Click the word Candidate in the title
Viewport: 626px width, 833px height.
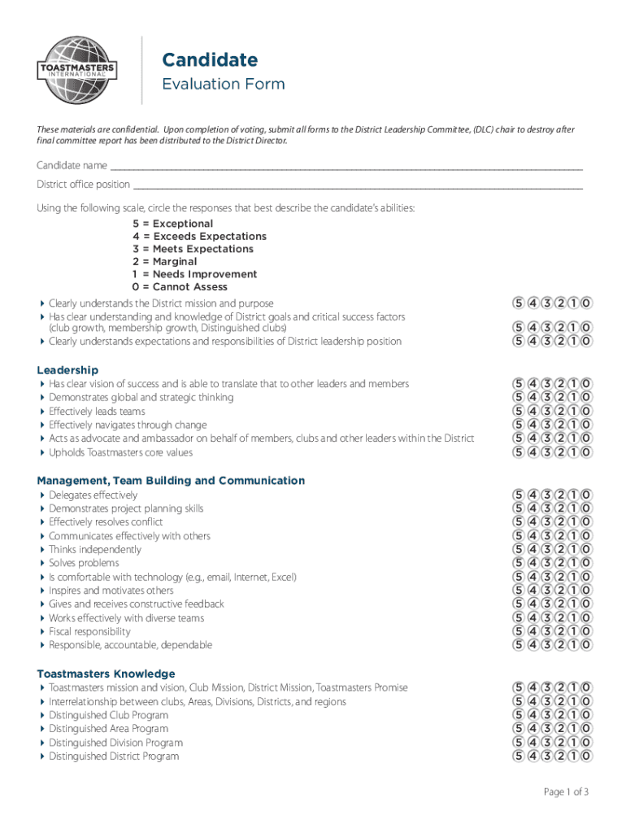(x=210, y=59)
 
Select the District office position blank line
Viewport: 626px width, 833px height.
(x=358, y=185)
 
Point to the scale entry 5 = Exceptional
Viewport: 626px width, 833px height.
(x=173, y=224)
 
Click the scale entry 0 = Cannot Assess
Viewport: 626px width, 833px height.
(x=180, y=287)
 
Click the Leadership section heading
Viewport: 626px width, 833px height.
(x=67, y=370)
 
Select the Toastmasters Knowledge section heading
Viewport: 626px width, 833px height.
(x=106, y=674)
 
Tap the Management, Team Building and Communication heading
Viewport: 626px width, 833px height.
(x=171, y=481)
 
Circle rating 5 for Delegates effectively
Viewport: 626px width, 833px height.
(x=518, y=495)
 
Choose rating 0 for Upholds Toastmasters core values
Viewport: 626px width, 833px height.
(x=586, y=452)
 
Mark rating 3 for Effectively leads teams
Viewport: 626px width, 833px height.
(x=546, y=412)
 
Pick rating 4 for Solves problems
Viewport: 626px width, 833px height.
(x=532, y=563)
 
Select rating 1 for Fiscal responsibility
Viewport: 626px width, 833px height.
(x=572, y=631)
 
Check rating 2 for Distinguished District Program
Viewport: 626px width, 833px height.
(x=559, y=757)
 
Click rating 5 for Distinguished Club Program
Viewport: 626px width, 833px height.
(x=518, y=715)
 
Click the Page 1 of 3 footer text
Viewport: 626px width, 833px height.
(x=566, y=792)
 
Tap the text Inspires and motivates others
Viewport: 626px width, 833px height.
(x=111, y=591)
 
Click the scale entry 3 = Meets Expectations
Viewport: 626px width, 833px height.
(x=193, y=249)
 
